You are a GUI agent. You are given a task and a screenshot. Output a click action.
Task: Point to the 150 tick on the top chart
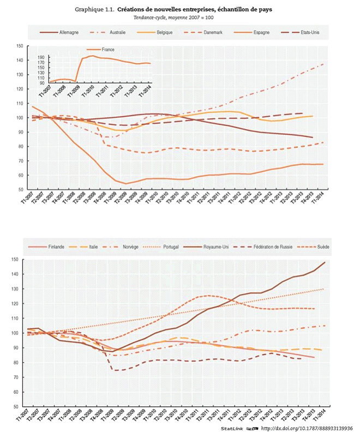(20, 46)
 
